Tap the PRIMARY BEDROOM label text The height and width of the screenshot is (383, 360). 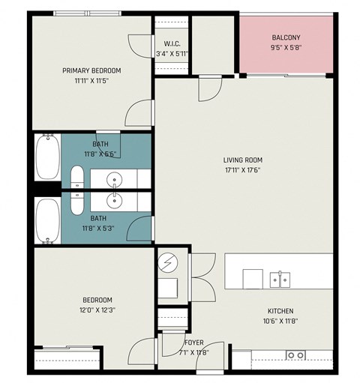click(x=91, y=70)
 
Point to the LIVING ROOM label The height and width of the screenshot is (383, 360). click(x=242, y=159)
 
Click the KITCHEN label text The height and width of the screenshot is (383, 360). click(x=280, y=311)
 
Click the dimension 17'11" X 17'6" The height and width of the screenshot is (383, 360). click(x=242, y=169)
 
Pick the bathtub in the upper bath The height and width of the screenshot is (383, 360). click(x=46, y=157)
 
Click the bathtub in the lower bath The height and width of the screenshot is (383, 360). click(x=46, y=221)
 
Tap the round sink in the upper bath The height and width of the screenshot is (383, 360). click(x=115, y=179)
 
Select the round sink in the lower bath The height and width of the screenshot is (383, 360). click(x=115, y=201)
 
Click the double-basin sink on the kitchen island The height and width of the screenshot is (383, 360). click(x=280, y=280)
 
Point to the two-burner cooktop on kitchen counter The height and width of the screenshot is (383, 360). click(x=295, y=355)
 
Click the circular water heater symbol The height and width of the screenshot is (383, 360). click(x=167, y=263)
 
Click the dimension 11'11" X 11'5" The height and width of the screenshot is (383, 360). click(x=91, y=80)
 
